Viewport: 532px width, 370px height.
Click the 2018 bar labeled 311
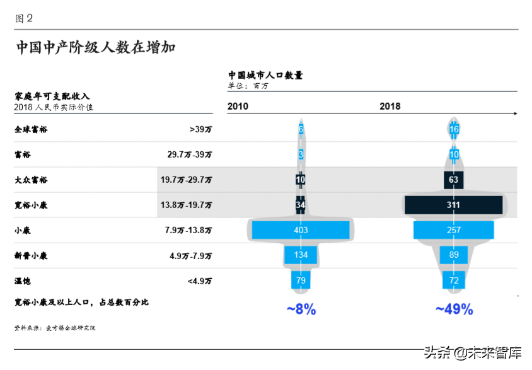point(453,205)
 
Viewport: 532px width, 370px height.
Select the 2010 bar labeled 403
point(301,230)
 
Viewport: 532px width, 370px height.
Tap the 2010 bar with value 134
point(301,255)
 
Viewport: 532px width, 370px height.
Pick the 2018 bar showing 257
point(453,230)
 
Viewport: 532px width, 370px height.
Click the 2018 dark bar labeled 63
point(454,180)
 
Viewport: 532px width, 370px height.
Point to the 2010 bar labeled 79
point(301,280)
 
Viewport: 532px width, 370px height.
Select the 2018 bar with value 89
point(454,255)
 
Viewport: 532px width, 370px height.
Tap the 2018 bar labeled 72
point(454,280)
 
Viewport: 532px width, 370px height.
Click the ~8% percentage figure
point(301,309)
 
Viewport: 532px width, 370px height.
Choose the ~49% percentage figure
point(454,309)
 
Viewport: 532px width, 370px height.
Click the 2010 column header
point(238,107)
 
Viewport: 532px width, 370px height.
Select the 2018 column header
point(390,107)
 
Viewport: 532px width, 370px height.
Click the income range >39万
point(200,129)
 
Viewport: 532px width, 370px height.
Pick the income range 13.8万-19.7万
point(187,205)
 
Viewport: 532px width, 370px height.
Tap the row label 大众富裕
point(31,180)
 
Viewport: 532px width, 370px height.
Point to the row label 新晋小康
point(31,255)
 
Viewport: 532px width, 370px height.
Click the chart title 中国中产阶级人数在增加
point(95,47)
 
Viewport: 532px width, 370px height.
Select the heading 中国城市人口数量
point(265,75)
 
